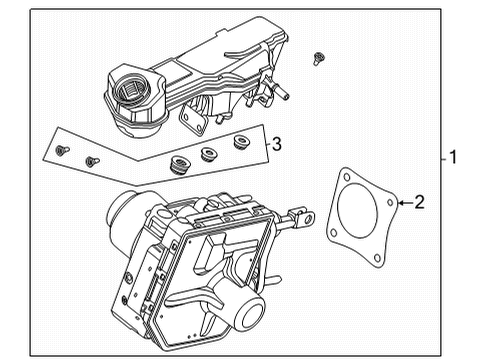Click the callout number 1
pos(453,157)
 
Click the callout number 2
pos(420,203)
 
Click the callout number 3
pos(277,145)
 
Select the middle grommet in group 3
pos(210,153)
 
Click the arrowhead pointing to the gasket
pos(401,204)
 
